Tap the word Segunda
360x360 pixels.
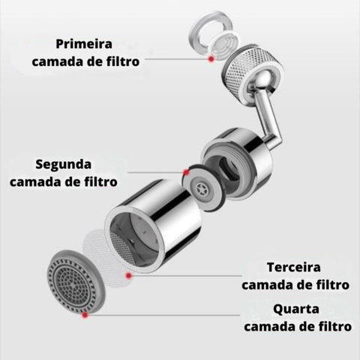pos(64,163)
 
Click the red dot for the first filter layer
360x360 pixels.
pos(213,58)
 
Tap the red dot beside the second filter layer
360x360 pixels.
pos(185,172)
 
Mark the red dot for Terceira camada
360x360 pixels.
pos(129,276)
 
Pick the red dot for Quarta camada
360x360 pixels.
pos(85,316)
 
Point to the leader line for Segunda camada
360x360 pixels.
pos(154,172)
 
